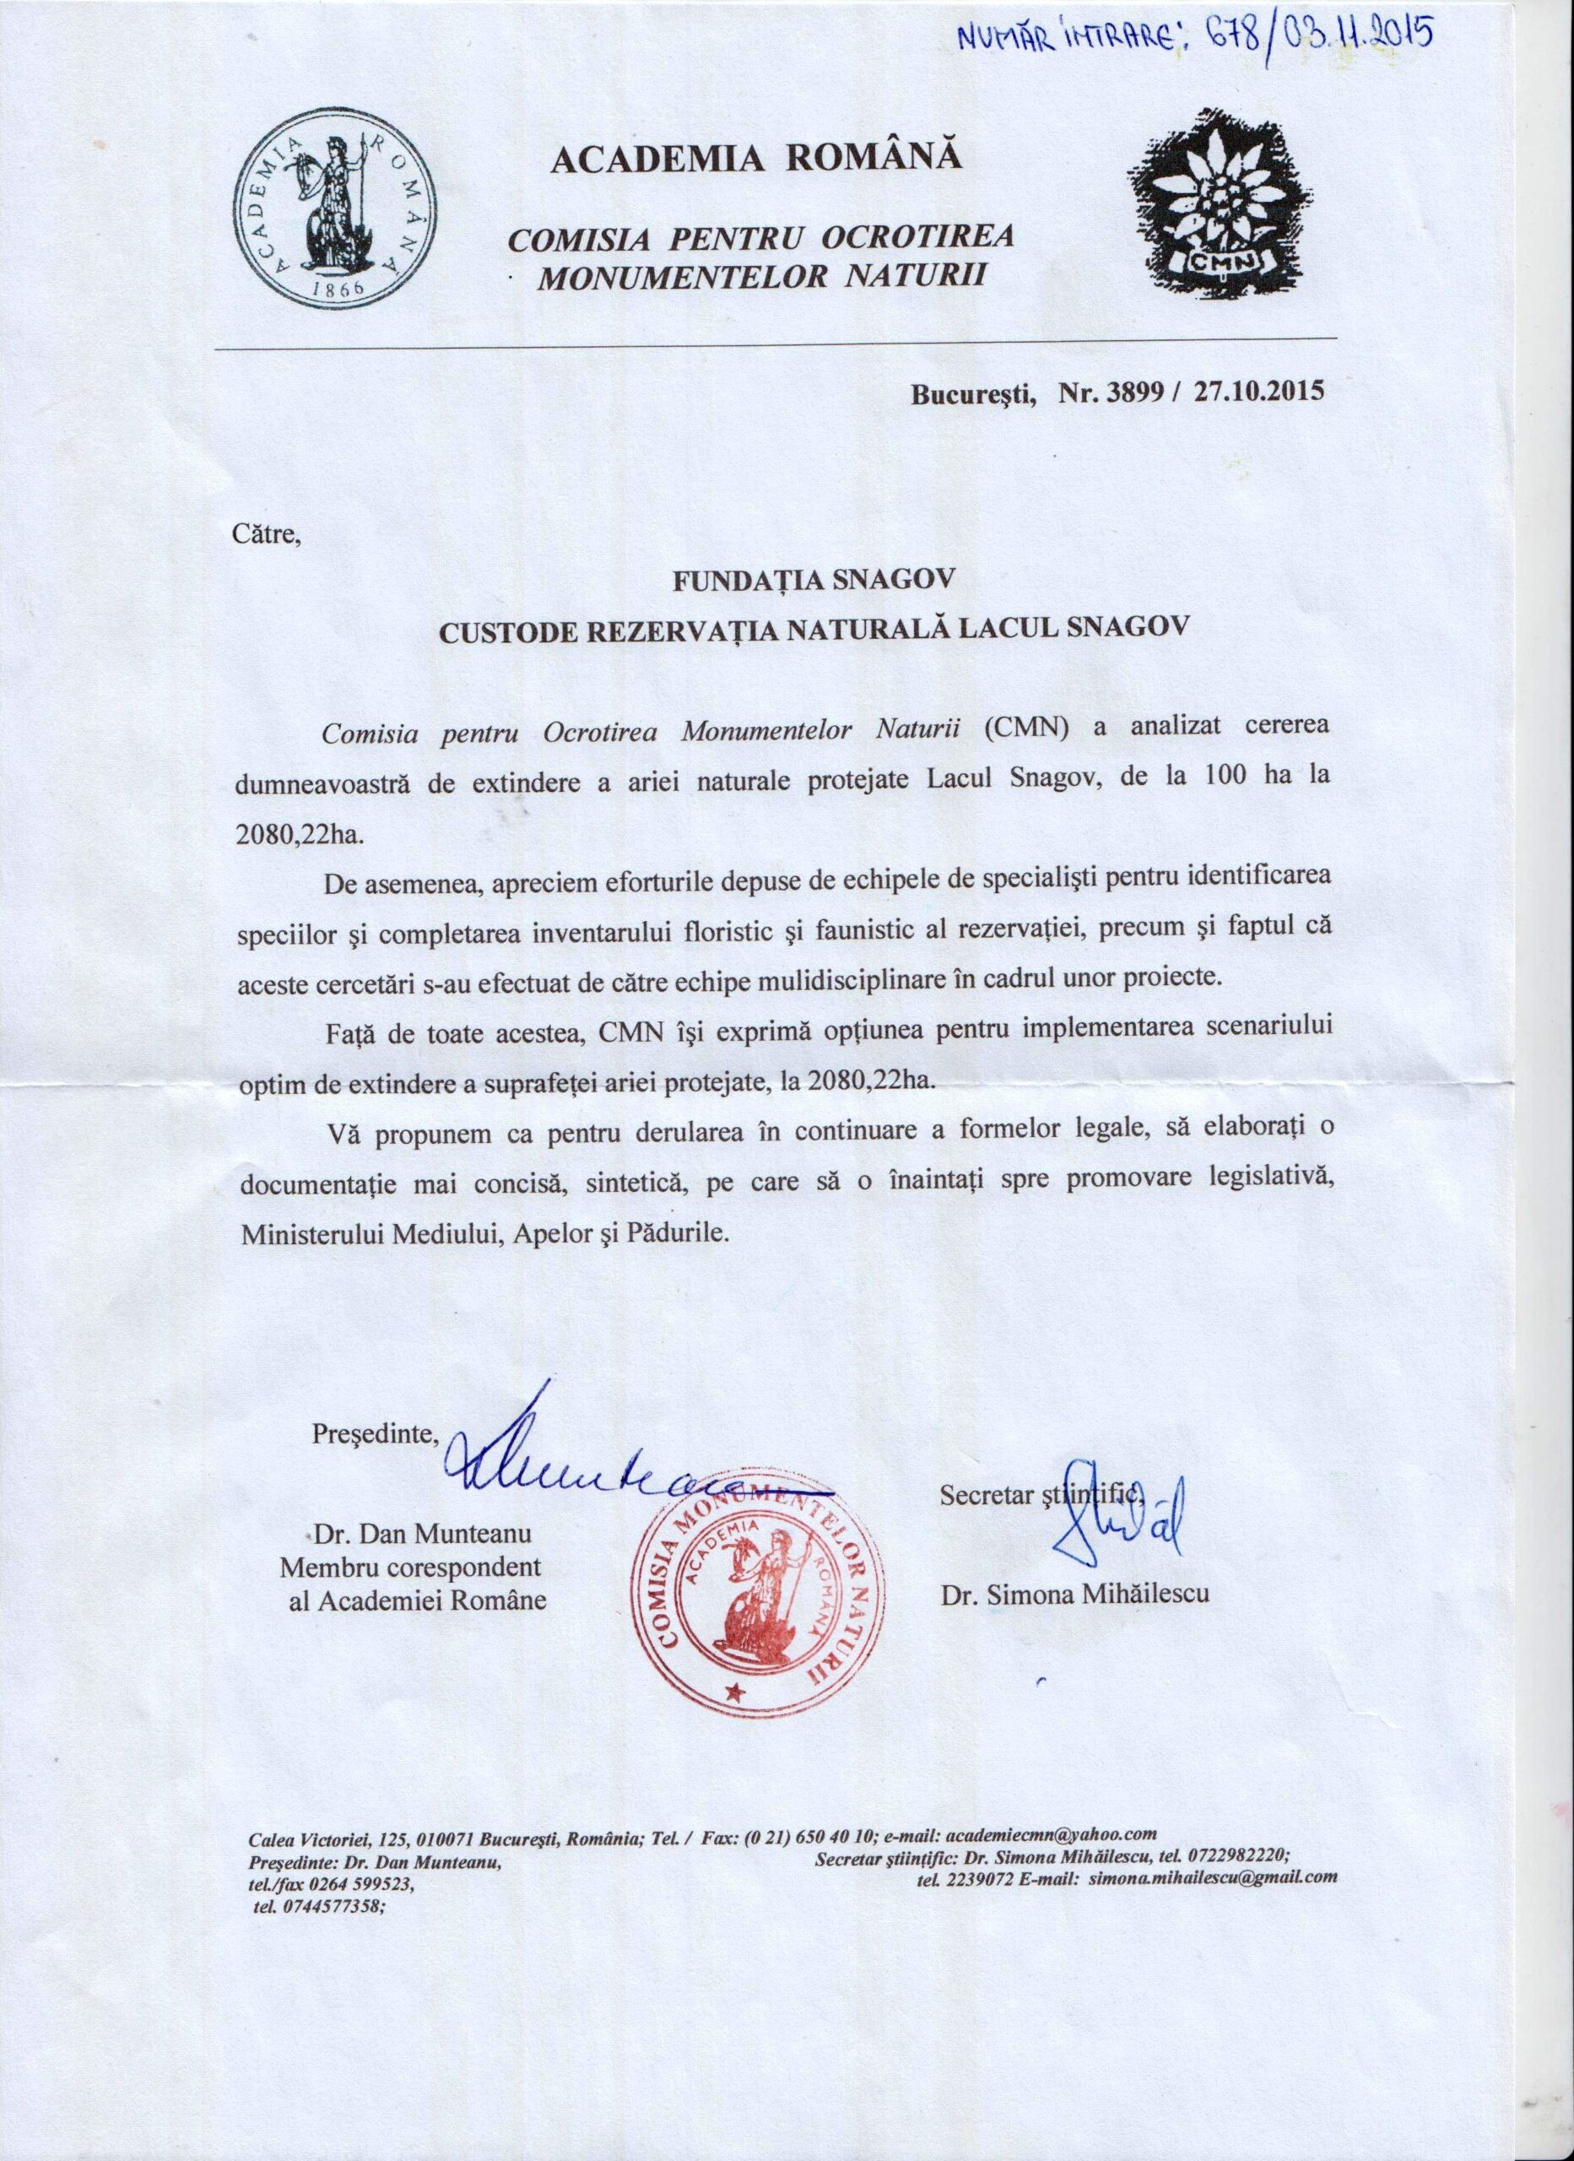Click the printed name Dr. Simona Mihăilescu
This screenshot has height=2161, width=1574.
(1074, 1592)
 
